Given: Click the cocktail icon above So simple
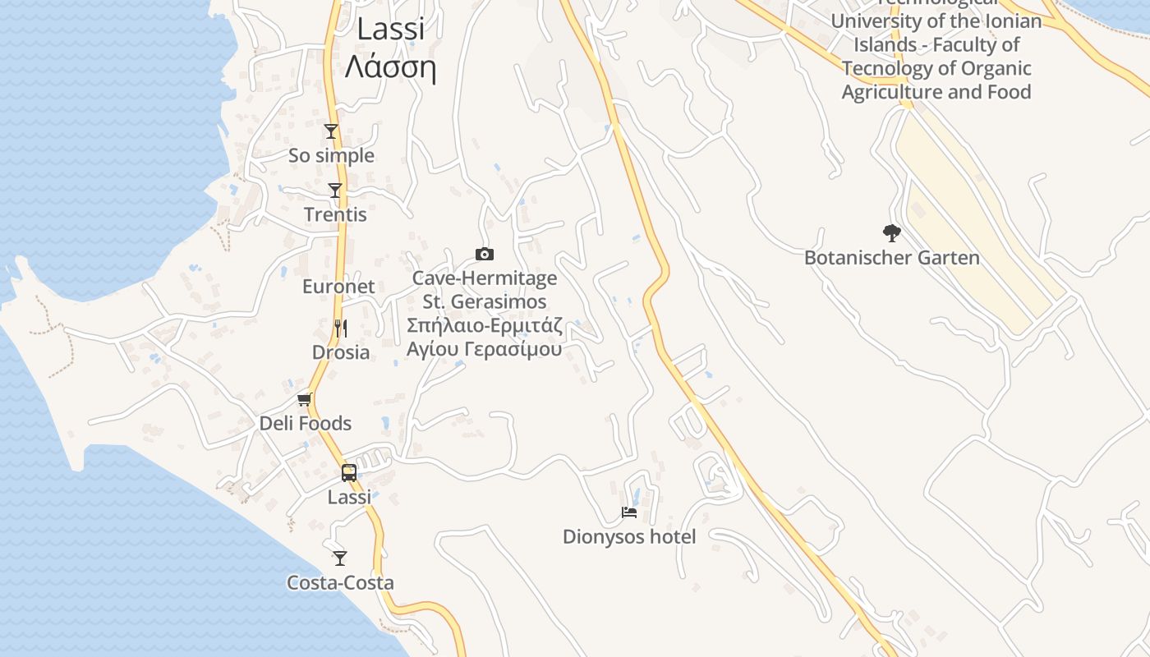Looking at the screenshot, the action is point(331,131).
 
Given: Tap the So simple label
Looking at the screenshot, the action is point(331,155).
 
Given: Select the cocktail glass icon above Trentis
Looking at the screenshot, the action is point(335,191).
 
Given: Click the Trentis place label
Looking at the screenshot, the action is point(335,215).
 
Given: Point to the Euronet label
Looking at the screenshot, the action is point(338,287).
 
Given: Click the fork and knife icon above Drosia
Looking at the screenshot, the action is point(341,328).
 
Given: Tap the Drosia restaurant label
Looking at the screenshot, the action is point(341,352).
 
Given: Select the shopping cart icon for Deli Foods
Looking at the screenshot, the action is point(305,400).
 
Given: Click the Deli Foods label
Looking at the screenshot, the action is point(306,424).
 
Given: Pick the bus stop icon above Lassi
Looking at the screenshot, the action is point(349,473).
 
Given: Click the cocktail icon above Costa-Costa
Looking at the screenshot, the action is point(340,558).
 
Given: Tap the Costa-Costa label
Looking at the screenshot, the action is point(340,583).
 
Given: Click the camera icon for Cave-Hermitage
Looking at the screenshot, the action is point(485,255).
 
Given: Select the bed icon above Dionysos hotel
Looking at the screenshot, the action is point(629,512).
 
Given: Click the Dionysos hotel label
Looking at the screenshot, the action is point(629,537).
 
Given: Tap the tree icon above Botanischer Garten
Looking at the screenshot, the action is point(892,233).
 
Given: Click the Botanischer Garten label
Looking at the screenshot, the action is point(892,258).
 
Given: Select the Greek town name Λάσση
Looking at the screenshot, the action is point(390,67).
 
